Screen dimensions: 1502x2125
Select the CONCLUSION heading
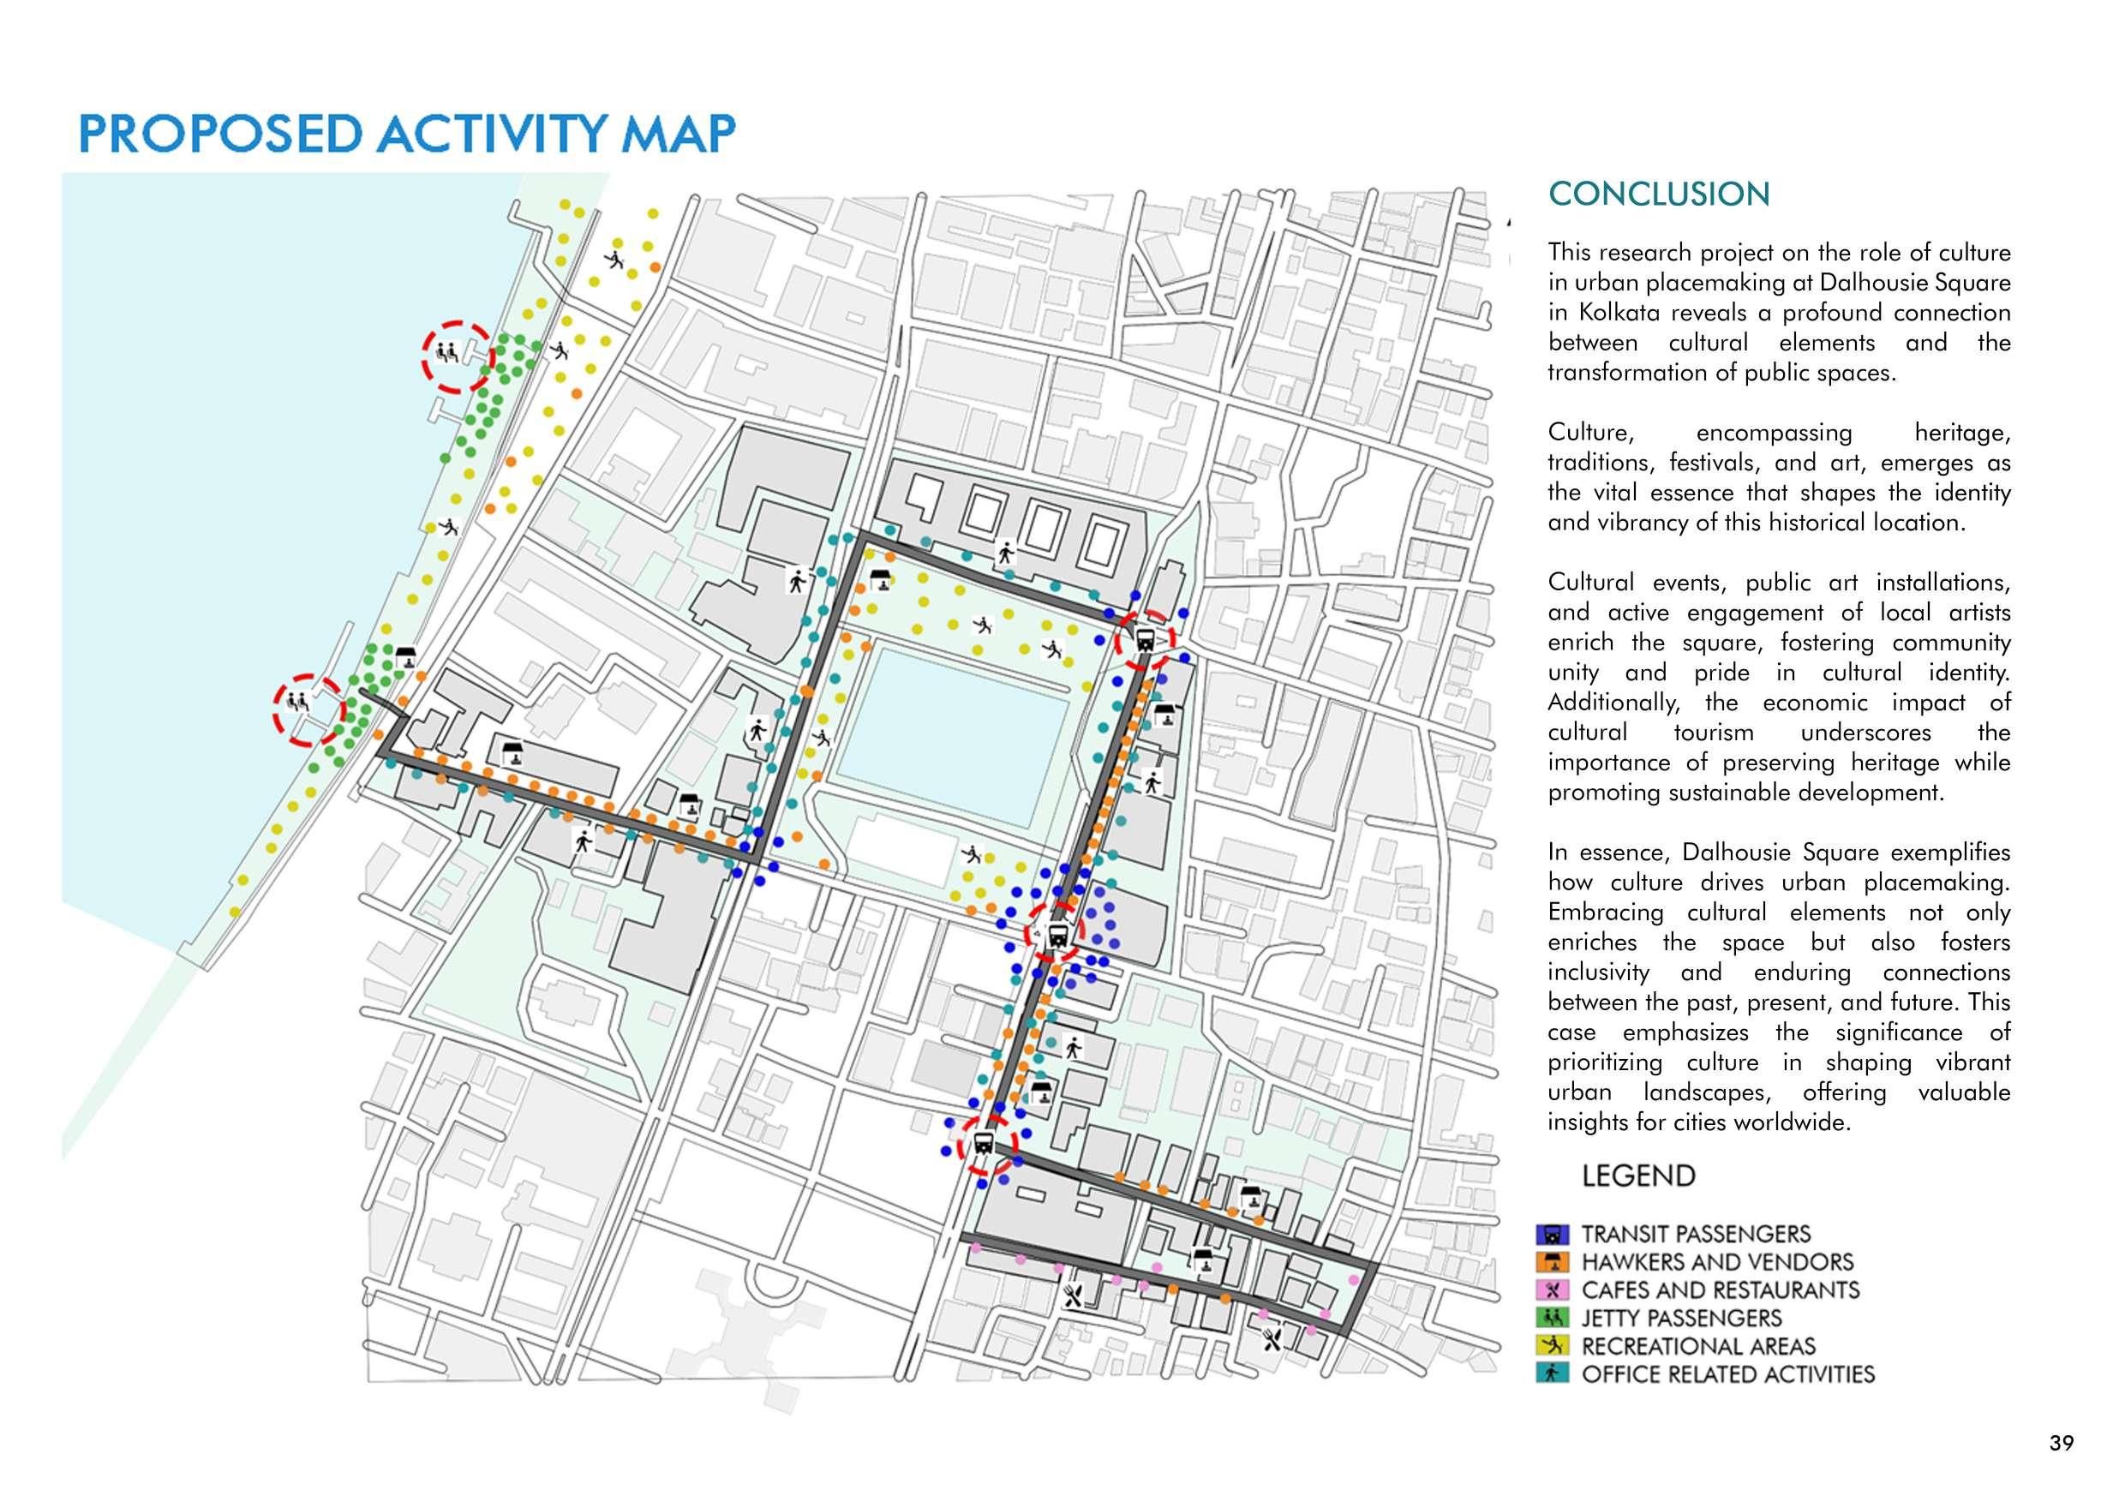tap(1659, 194)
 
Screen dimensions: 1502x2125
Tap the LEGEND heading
tap(1638, 1176)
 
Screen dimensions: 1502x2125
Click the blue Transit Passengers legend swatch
tap(1552, 1235)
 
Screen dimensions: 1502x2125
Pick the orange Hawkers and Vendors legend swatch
tap(1552, 1262)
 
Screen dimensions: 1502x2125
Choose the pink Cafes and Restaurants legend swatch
tap(1552, 1290)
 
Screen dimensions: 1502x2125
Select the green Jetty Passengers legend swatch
tap(1552, 1318)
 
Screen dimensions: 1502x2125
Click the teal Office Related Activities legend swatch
tap(1552, 1374)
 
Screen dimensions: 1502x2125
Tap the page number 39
tap(2061, 1443)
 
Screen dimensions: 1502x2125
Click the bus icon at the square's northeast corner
tap(1145, 638)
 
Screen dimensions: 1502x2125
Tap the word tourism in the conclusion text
tap(1713, 733)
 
